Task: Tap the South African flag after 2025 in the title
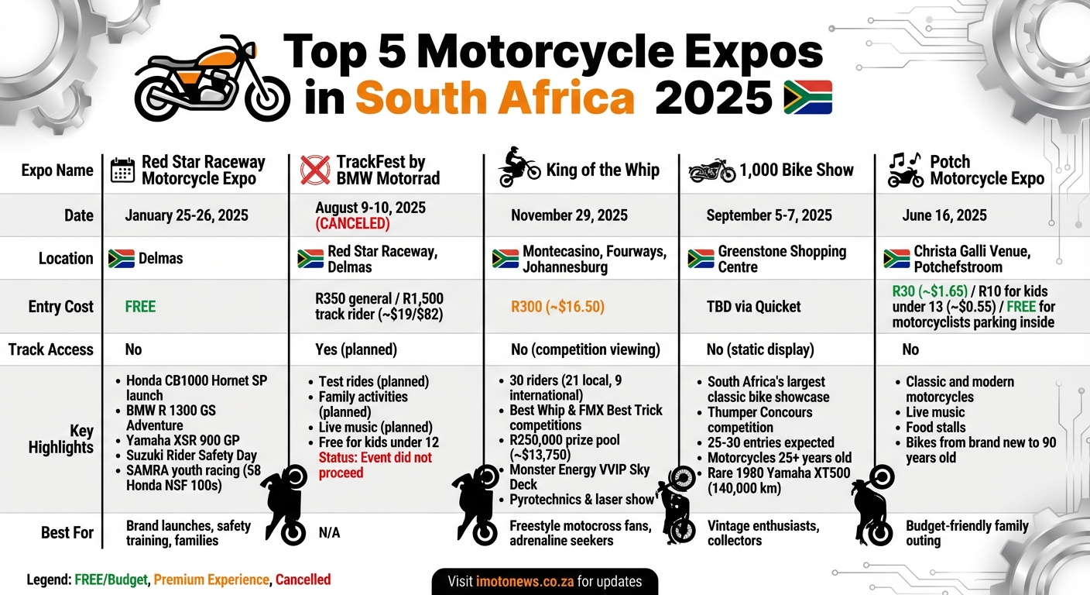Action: point(807,98)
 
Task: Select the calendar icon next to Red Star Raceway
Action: point(122,170)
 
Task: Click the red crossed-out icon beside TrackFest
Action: point(314,170)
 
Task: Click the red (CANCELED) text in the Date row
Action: point(353,224)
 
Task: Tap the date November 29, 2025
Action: point(569,215)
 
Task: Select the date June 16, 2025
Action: point(944,215)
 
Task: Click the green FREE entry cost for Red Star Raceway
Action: point(140,307)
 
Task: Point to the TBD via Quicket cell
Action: point(754,307)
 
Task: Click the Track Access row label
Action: point(50,349)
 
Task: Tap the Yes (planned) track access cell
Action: point(356,349)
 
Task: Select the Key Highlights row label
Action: point(61,439)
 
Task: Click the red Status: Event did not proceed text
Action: point(375,465)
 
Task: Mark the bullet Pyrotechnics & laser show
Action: point(581,500)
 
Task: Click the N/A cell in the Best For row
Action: point(329,533)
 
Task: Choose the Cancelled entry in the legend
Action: point(303,580)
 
